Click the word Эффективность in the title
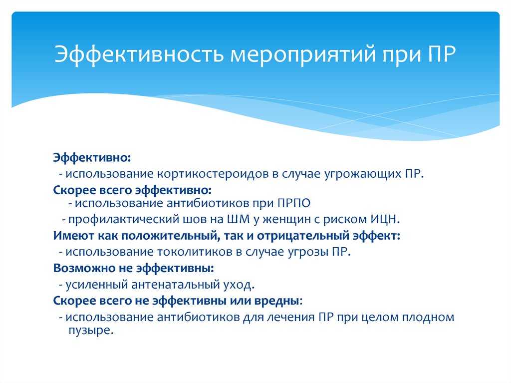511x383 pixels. coord(139,54)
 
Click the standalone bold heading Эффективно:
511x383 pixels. coord(92,158)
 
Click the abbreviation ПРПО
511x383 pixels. coord(294,203)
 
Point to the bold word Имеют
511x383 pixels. coord(74,236)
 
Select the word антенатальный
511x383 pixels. coord(176,285)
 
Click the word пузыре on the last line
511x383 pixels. coord(91,331)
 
